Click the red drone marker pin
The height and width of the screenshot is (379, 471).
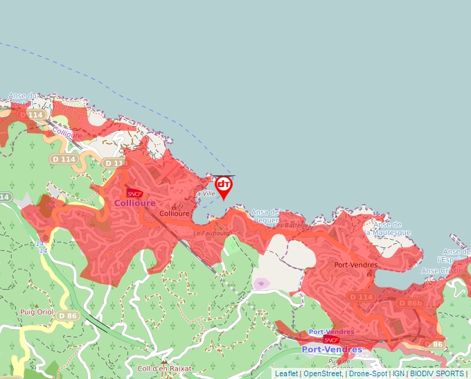(224, 186)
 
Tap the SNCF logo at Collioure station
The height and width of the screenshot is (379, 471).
(134, 193)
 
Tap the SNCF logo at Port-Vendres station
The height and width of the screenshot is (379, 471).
(331, 340)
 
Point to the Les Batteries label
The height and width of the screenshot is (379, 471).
(288, 225)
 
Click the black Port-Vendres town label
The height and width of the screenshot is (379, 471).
(355, 265)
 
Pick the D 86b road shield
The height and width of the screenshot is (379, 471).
(411, 303)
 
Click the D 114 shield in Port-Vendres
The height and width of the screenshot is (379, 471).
(361, 297)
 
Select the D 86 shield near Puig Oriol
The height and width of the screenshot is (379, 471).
(67, 316)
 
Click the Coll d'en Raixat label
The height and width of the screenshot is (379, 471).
(164, 369)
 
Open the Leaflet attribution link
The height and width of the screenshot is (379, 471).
(286, 373)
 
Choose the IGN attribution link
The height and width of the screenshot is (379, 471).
(398, 373)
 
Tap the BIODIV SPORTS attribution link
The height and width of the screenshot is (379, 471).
(436, 373)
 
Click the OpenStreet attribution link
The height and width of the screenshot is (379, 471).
(322, 373)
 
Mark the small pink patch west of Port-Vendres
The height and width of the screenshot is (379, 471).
(261, 283)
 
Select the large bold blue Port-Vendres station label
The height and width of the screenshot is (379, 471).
(332, 349)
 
